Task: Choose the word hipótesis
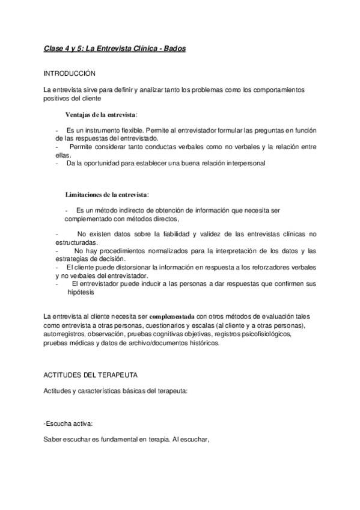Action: (x=79, y=292)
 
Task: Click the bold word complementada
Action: (x=172, y=316)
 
